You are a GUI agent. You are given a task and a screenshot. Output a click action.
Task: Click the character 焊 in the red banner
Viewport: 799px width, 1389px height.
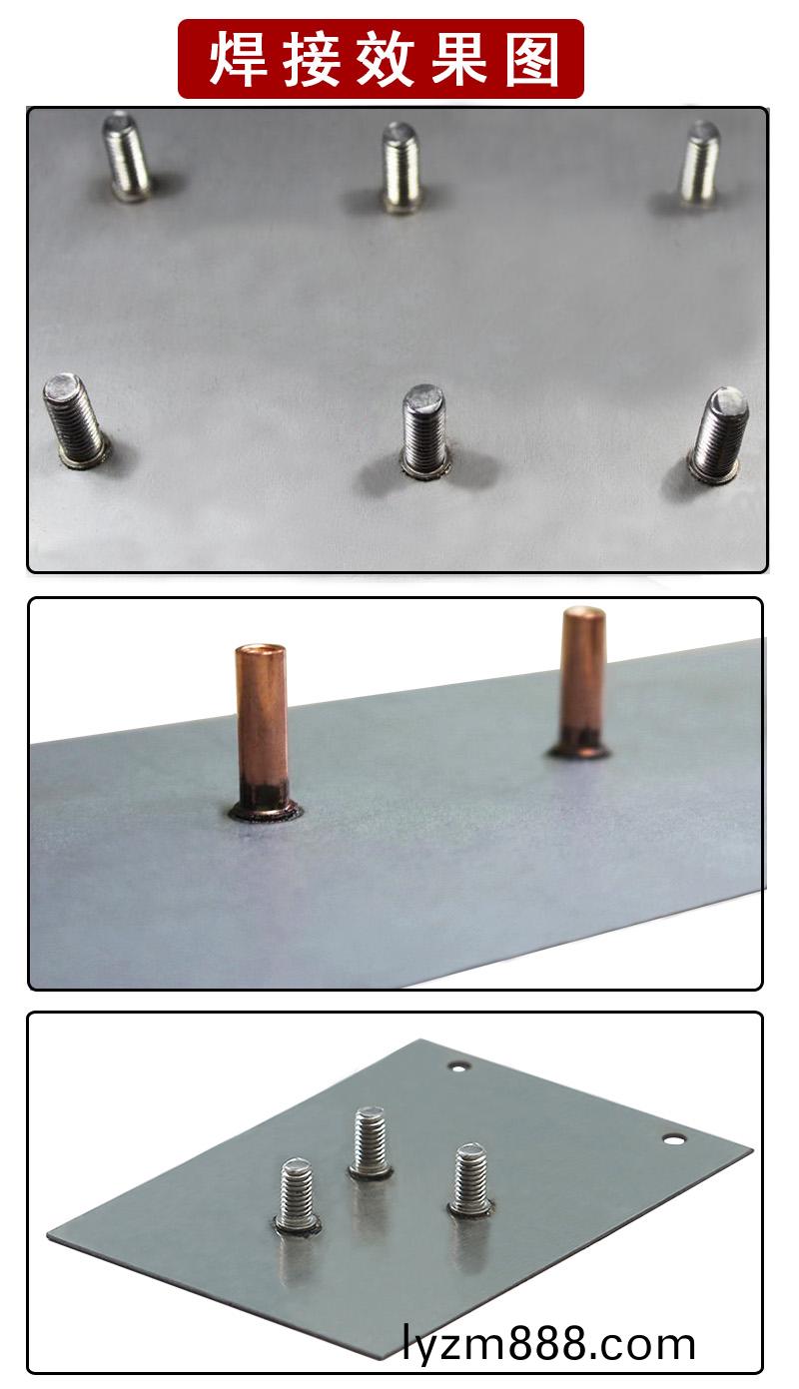(x=239, y=60)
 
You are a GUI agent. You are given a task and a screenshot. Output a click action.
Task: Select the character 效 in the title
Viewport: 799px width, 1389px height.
(x=385, y=60)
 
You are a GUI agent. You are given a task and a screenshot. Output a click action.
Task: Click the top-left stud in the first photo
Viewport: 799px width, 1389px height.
(x=127, y=156)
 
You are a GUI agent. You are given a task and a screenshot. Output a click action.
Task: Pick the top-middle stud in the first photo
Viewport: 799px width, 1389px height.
(x=401, y=168)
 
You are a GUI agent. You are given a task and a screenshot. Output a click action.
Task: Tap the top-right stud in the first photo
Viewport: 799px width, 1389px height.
(x=700, y=163)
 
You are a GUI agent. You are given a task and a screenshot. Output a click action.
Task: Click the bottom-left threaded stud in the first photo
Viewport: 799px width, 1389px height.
(x=76, y=419)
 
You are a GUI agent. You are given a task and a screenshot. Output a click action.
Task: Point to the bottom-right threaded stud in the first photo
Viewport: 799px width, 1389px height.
(x=719, y=434)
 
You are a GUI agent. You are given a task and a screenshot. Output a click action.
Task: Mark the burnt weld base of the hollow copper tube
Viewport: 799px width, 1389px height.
(x=264, y=806)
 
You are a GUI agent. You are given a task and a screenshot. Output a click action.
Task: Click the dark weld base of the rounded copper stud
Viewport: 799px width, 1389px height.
(x=579, y=749)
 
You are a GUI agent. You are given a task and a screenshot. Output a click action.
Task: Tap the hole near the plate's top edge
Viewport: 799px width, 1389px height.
(x=459, y=1067)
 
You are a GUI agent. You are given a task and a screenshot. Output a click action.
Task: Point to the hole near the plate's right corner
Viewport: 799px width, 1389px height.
(x=673, y=1139)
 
